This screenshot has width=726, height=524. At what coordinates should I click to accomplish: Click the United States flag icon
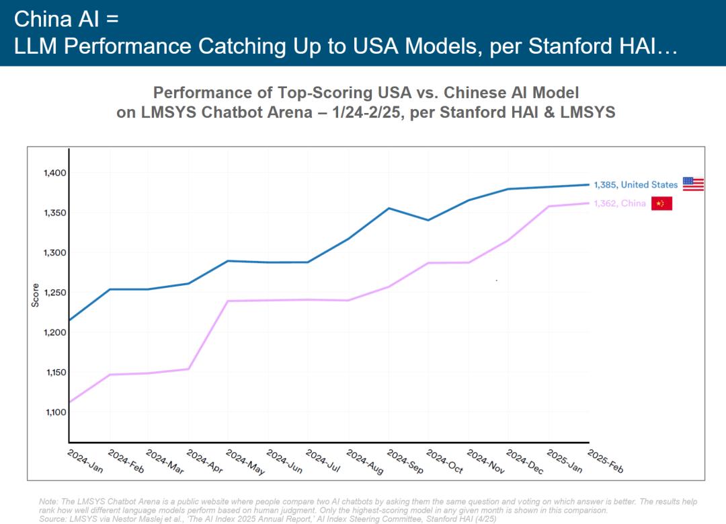(693, 184)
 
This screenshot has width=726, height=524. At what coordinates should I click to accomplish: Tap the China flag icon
(661, 203)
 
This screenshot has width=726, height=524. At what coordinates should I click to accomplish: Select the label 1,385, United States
(636, 185)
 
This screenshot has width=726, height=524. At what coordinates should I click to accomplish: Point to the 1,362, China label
(620, 204)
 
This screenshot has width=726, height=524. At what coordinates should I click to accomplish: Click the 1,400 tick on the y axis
(56, 173)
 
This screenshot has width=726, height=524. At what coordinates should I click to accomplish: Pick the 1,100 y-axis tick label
(56, 412)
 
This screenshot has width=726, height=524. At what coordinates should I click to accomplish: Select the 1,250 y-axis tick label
(56, 293)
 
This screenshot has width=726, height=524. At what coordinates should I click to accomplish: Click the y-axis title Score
(36, 295)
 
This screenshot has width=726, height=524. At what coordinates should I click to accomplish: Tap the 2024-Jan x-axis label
(85, 461)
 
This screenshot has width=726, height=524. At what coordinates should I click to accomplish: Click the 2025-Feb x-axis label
(605, 461)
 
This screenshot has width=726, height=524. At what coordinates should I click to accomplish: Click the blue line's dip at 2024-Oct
(429, 220)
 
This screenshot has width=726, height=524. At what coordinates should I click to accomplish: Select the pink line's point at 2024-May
(228, 301)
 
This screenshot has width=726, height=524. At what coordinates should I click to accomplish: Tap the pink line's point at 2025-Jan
(549, 207)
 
